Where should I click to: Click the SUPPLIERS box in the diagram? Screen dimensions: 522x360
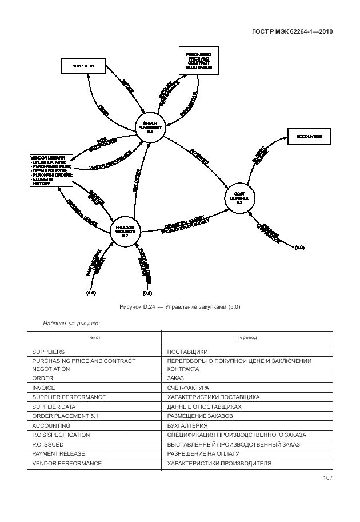pyautogui.click(x=84, y=66)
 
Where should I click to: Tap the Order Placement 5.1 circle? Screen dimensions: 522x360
pyautogui.click(x=150, y=127)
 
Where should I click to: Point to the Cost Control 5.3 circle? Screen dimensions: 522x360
pyautogui.click(x=240, y=197)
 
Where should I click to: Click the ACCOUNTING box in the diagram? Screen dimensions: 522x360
pyautogui.click(x=309, y=137)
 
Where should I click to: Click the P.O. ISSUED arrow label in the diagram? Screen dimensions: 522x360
pyautogui.click(x=199, y=158)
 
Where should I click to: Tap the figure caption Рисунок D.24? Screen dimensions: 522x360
pyautogui.click(x=180, y=307)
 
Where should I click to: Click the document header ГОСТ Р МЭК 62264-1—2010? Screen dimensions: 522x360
pyautogui.click(x=292, y=32)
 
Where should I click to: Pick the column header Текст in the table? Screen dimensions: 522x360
pyautogui.click(x=94, y=337)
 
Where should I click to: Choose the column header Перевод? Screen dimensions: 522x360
pyautogui.click(x=247, y=337)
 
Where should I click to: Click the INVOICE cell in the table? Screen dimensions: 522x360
pyautogui.click(x=44, y=386)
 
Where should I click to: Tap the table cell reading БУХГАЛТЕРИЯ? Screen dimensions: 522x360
pyautogui.click(x=187, y=425)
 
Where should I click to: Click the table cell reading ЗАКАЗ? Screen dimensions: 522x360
pyautogui.click(x=175, y=377)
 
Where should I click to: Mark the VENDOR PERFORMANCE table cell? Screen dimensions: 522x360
pyautogui.click(x=67, y=463)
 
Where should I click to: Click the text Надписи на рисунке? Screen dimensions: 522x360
pyautogui.click(x=71, y=323)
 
